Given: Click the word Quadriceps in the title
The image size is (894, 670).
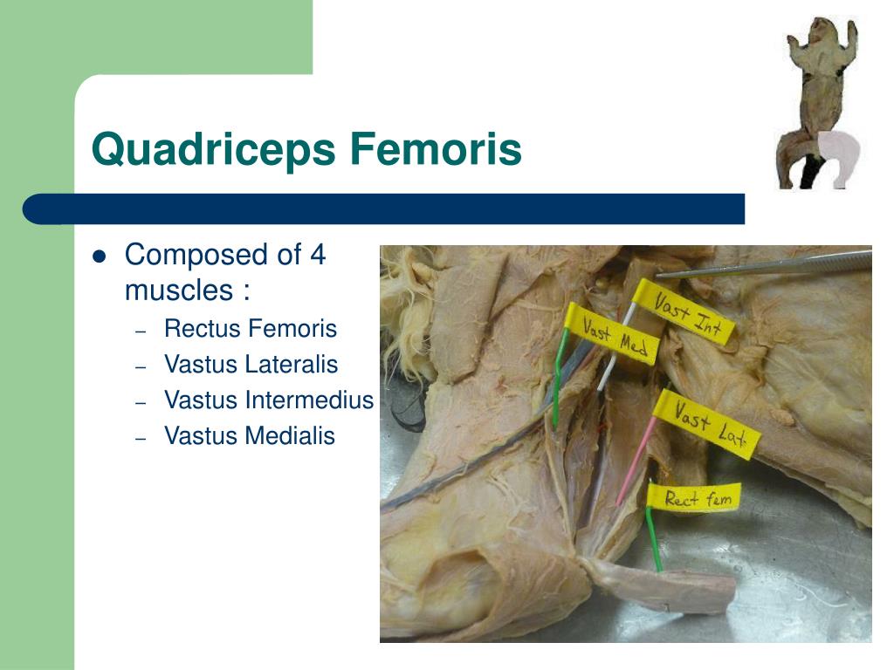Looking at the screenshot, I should pos(213,150).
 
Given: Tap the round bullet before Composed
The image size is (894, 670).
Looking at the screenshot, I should pos(100,257).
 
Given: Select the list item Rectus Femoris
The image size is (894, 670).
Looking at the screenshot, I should pos(250,329).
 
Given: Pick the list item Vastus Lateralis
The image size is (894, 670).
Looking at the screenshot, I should pos(251,365).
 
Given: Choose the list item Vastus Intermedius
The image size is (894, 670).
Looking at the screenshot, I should pos(268,400).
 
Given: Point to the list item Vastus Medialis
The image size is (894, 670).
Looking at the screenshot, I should pos(249,435).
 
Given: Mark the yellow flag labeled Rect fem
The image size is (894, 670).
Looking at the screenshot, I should pos(694,498).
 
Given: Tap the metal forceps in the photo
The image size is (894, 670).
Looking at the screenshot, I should pos(768,265).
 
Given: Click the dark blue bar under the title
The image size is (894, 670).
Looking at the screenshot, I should pos(384,209).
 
